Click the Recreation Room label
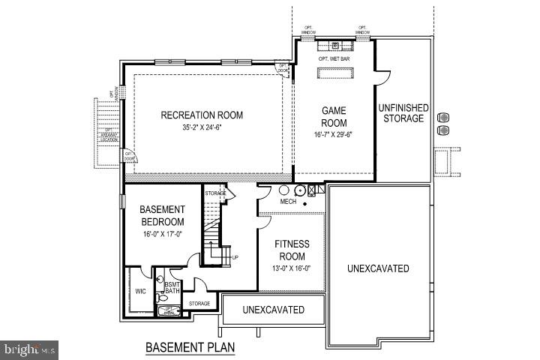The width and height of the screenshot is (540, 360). coord(202,115)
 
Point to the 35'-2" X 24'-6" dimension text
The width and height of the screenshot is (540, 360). coord(202,127)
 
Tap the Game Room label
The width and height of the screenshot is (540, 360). coord(334,116)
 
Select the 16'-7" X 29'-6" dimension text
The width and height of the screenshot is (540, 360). coord(334,135)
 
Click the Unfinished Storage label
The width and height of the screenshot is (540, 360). coord(401,112)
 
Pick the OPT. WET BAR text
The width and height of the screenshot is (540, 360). coord(334,58)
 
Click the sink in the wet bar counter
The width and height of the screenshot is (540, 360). coord(335,44)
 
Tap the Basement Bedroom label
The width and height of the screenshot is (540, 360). coord(162,214)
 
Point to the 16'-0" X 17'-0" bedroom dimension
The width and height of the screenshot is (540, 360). coord(162,234)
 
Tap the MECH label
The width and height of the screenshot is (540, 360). coord(289,202)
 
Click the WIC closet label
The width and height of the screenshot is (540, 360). coord(140,291)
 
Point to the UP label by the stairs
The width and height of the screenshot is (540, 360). coord(235,257)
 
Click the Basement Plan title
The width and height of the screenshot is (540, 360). coord(190,346)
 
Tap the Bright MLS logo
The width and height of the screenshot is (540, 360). coord(30,349)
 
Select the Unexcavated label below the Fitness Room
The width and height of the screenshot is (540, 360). coord(273,310)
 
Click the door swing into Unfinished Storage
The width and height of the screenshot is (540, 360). coord(383,75)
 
